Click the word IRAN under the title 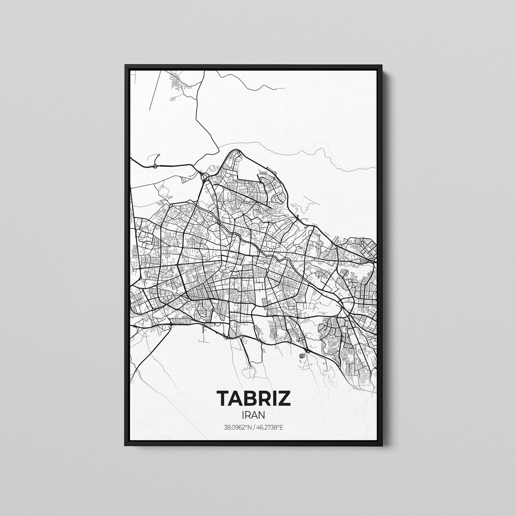pyautogui.click(x=254, y=415)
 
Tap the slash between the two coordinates pyautogui.click(x=254, y=428)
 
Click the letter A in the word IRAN pyautogui.click(x=254, y=415)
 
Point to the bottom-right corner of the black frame pyautogui.click(x=382, y=445)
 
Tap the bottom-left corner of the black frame pyautogui.click(x=126, y=445)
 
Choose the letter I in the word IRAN pyautogui.click(x=244, y=415)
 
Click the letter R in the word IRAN pyautogui.click(x=248, y=415)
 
